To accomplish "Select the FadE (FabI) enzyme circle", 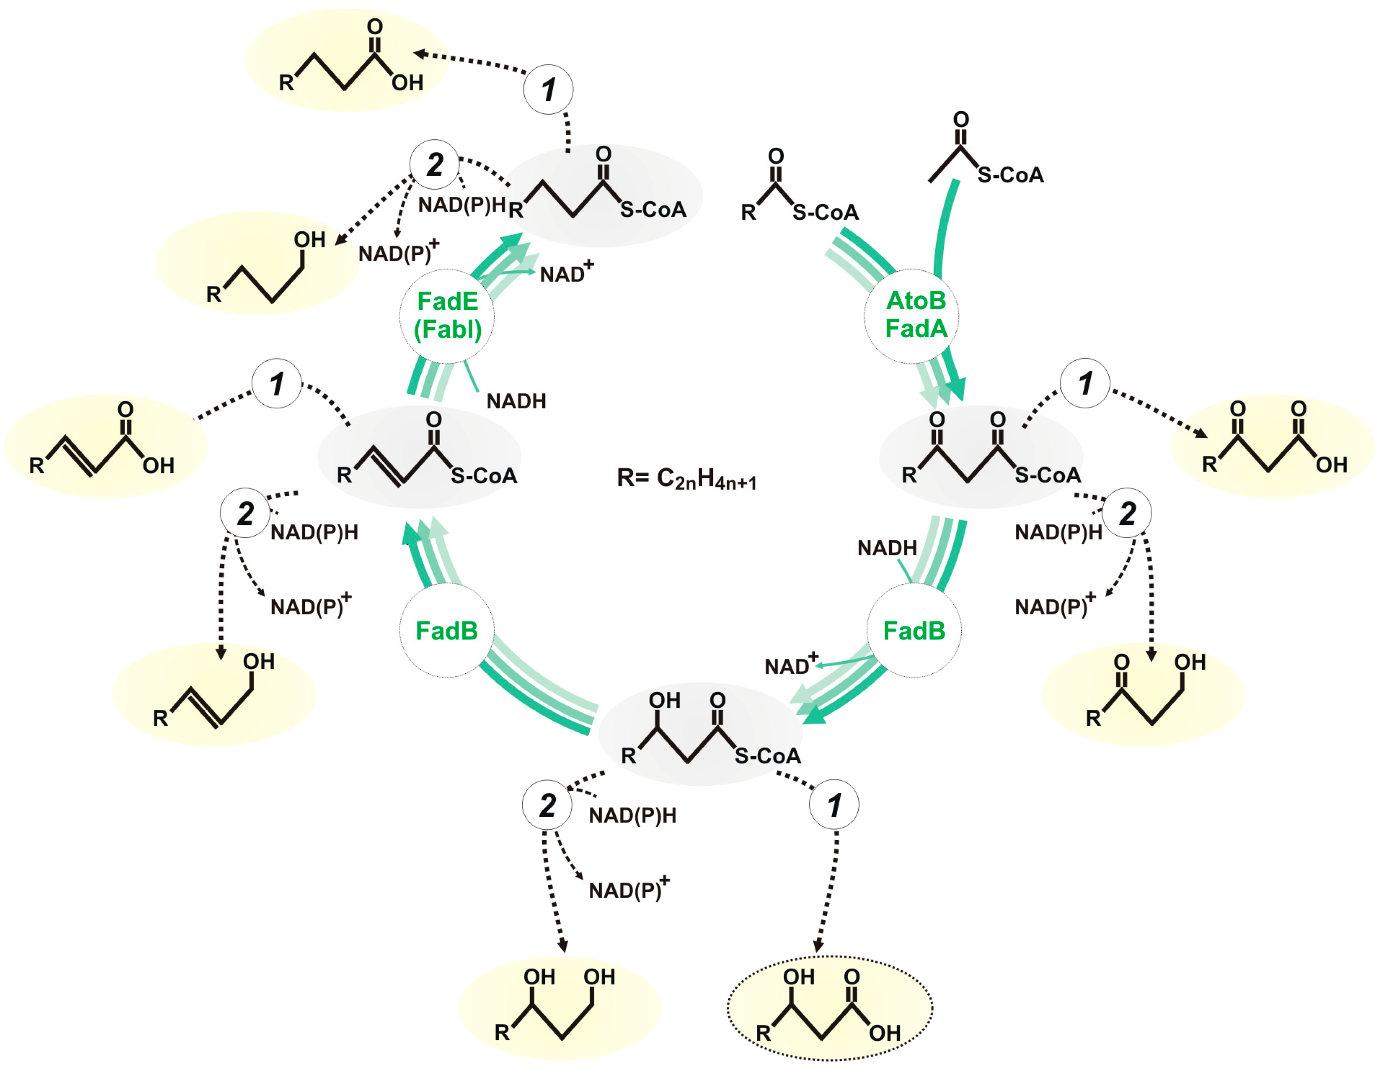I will pos(447,316).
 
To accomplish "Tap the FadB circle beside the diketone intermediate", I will pos(914,630).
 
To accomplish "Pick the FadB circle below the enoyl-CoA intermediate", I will pos(446,630).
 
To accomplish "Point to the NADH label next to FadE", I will pos(516,401).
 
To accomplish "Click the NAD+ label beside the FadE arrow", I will pos(566,273).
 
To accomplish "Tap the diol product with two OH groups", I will pos(559,1007).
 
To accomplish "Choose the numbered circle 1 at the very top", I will pos(548,89).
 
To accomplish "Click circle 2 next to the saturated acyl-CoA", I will pos(434,164).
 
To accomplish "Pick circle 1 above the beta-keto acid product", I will pos(1085,383).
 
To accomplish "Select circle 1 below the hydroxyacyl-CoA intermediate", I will pos(834,805).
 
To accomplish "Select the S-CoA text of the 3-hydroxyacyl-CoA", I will pos(767,756).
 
